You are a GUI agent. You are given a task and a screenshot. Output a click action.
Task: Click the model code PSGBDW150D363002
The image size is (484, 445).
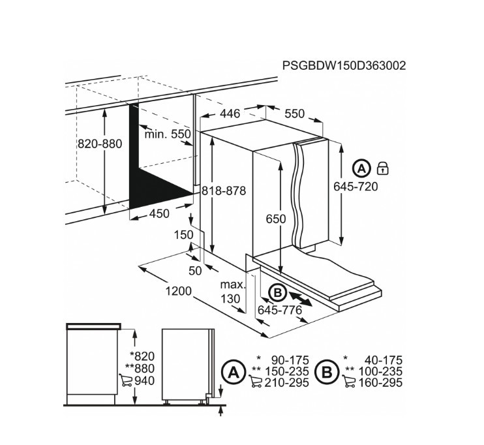pyautogui.click(x=344, y=66)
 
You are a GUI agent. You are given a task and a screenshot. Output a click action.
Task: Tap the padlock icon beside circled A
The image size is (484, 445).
pyautogui.click(x=383, y=168)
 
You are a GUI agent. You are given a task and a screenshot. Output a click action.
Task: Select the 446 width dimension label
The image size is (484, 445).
pyautogui.click(x=230, y=114)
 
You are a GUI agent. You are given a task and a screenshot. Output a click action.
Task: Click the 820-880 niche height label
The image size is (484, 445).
pyautogui.click(x=100, y=144)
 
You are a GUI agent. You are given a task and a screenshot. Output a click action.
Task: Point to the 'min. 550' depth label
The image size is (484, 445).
pyautogui.click(x=168, y=134)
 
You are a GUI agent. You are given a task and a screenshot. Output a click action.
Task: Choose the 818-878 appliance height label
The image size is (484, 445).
pyautogui.click(x=224, y=191)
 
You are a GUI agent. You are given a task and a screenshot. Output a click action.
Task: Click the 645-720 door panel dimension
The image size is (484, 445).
pyautogui.click(x=355, y=187)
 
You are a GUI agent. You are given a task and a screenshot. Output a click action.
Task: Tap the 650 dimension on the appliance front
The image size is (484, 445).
pyautogui.click(x=276, y=219)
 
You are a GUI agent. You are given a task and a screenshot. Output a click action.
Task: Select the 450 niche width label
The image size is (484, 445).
pyautogui.click(x=159, y=213)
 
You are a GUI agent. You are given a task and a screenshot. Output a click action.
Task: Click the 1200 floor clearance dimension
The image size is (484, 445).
pyautogui.click(x=179, y=291)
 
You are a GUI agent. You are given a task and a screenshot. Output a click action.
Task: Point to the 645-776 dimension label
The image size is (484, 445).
pyautogui.click(x=280, y=310)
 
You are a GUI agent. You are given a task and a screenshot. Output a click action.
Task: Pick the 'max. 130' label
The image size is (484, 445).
pyautogui.click(x=232, y=292)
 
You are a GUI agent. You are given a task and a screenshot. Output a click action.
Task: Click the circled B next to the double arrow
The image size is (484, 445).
pyautogui.click(x=277, y=292)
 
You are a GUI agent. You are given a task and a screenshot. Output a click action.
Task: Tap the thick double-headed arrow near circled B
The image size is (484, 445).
pyautogui.click(x=301, y=299)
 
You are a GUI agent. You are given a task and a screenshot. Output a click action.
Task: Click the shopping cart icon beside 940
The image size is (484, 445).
pyautogui.click(x=126, y=380)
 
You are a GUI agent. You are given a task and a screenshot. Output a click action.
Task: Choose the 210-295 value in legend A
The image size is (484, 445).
pyautogui.click(x=287, y=383)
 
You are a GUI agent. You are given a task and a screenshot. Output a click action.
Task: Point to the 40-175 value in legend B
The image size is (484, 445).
pyautogui.click(x=384, y=360)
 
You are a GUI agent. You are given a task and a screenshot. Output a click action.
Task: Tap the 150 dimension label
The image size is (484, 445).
pyautogui.click(x=184, y=235)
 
